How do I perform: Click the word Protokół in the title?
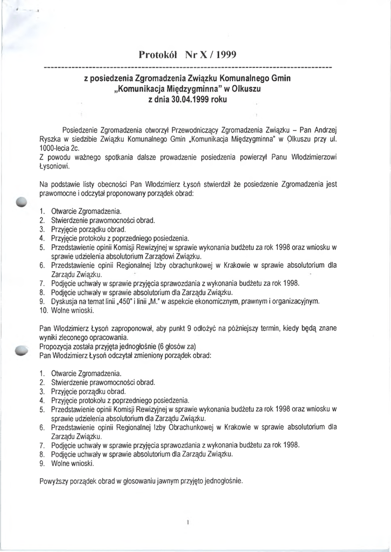click(x=159, y=54)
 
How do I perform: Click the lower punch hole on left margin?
click(x=22, y=350)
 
